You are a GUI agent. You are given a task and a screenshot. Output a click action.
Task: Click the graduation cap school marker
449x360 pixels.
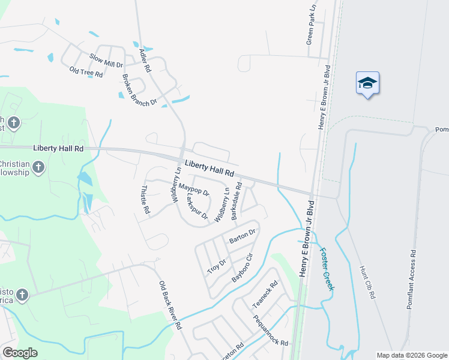point(367,83)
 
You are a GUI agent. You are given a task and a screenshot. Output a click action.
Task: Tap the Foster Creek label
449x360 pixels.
point(326,269)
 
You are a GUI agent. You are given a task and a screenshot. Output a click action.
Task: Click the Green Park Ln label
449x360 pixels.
point(310,26)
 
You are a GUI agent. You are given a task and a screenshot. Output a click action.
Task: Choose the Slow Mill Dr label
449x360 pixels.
point(106,59)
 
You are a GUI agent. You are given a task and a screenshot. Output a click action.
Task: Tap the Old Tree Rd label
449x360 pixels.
point(86,73)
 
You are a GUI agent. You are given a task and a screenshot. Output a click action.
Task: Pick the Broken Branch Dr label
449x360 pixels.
point(139,90)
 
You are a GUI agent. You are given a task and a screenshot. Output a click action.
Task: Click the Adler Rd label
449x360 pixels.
point(145,61)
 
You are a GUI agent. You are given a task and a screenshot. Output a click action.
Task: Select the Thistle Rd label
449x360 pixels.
point(145,200)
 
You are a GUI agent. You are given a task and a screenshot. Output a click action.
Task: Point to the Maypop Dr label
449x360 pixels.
point(194,189)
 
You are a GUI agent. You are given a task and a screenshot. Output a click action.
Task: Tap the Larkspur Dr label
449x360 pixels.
point(196,206)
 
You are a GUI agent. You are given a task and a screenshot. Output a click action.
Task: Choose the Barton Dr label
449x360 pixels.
point(243,236)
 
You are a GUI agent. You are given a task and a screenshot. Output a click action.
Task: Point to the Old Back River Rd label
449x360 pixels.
point(170,305)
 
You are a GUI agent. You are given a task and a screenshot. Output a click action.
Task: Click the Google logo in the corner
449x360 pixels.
point(20,353)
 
